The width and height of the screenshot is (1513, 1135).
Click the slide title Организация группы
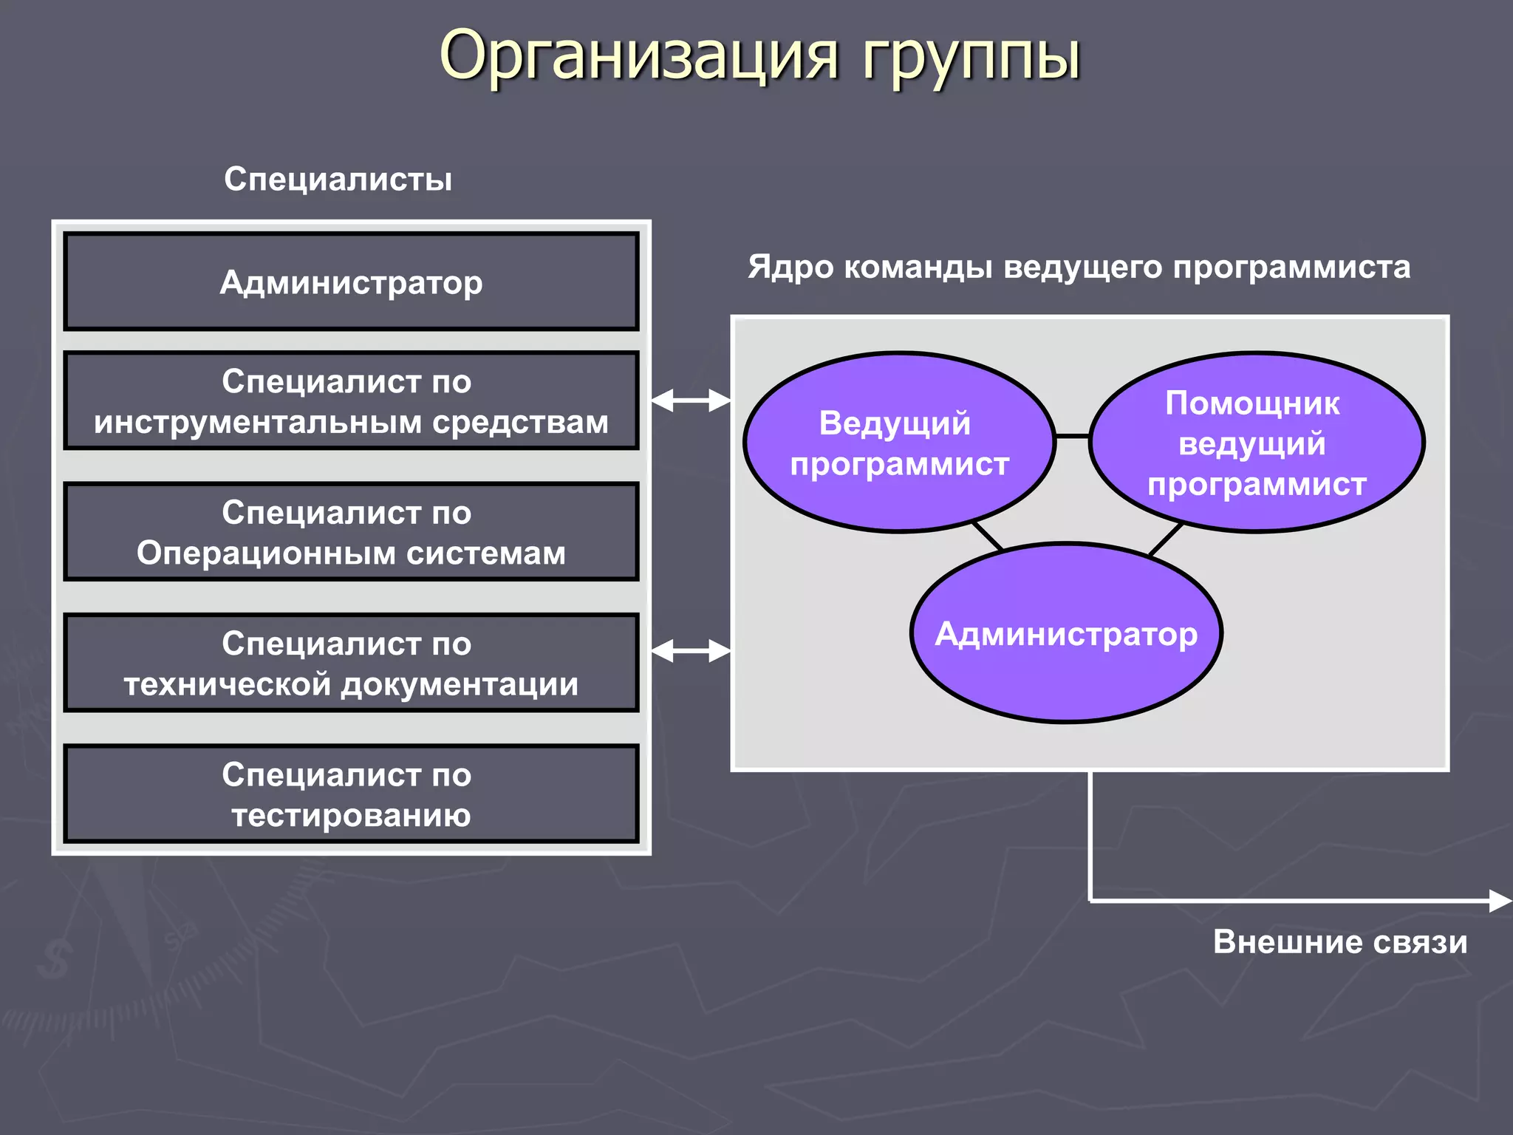[759, 56]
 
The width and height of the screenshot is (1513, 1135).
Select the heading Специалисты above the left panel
[338, 180]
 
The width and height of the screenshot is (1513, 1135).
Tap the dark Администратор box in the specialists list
[351, 282]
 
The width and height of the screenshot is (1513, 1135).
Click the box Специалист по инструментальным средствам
[351, 401]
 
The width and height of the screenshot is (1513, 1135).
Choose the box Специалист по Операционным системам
[351, 532]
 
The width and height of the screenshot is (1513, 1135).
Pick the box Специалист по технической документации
[351, 663]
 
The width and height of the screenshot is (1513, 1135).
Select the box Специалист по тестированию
[351, 794]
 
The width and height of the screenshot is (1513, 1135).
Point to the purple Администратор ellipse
[1065, 634]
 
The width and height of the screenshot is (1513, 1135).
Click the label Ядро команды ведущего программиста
[1079, 267]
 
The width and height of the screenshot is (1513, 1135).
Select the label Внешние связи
[1339, 942]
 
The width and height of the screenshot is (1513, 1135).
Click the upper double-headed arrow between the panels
[691, 401]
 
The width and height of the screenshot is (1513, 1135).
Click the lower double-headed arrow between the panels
[691, 651]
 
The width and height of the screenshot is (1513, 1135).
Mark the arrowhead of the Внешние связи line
[1500, 901]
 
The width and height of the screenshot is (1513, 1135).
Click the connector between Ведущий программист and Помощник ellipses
[1072, 437]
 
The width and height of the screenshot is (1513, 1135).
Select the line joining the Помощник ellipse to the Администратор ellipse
[1166, 539]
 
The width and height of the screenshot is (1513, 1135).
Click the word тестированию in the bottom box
[351, 815]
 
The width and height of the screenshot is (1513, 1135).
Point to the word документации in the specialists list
[459, 684]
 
